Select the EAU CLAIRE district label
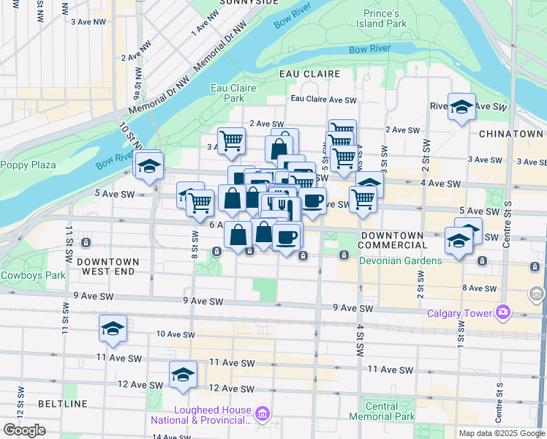coord(309,74)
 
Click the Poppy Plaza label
coord(28,165)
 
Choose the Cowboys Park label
coord(32,275)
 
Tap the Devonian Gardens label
coord(400,260)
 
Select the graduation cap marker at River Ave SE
coord(461,107)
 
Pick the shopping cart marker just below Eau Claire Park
coord(231,140)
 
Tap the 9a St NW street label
coord(137,86)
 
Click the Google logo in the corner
coord(24,430)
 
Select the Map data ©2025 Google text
coord(501,433)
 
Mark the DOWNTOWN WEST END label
coord(107,266)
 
